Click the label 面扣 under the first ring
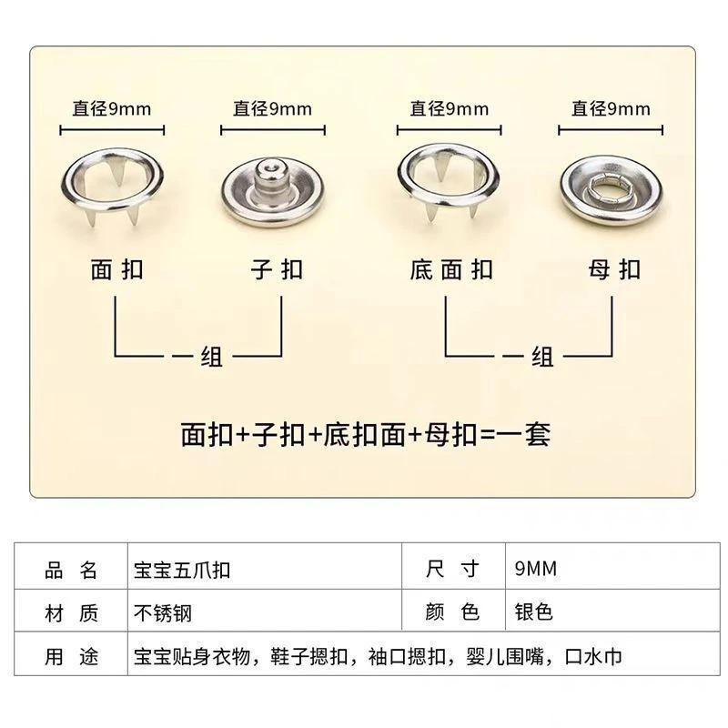pyautogui.click(x=117, y=269)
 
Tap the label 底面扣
pyautogui.click(x=451, y=269)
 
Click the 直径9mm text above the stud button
pyautogui.click(x=272, y=109)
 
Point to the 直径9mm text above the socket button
pyautogui.click(x=611, y=109)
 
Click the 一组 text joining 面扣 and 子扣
pyautogui.click(x=198, y=356)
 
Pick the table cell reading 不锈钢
pyautogui.click(x=164, y=613)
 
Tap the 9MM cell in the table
pyautogui.click(x=535, y=571)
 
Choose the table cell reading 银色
pyautogui.click(x=533, y=613)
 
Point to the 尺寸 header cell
pyautogui.click(x=452, y=571)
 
